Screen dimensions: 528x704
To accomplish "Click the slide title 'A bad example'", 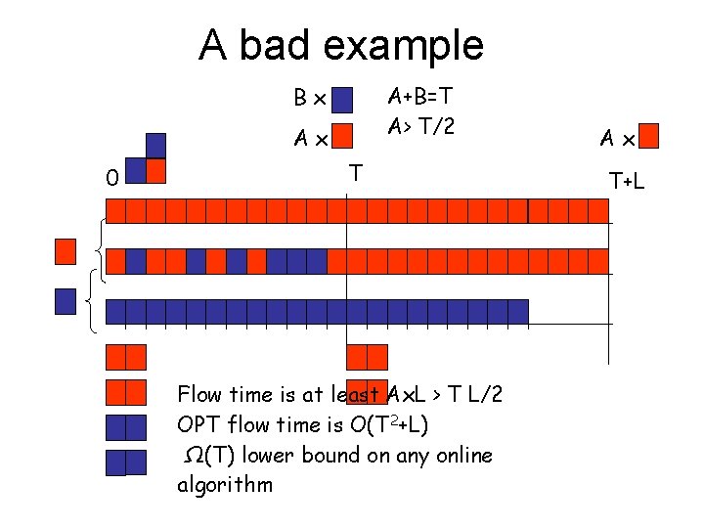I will (x=340, y=45).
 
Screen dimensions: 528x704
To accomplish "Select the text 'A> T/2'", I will (x=420, y=126).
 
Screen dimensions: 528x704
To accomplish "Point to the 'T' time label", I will (x=356, y=173).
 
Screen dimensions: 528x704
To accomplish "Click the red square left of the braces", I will (x=66, y=251).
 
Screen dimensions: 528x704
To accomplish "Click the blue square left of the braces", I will (x=66, y=300).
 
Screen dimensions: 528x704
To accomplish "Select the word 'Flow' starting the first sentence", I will (x=199, y=395).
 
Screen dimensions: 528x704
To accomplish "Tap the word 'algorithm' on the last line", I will (x=225, y=485).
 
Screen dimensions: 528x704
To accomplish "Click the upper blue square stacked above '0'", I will (x=156, y=145).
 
